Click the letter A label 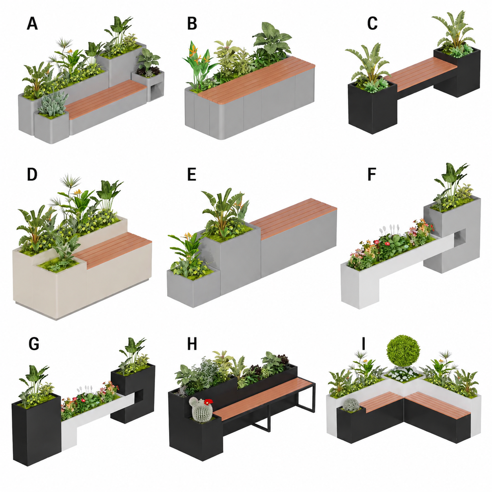coord(33,24)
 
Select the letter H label coord(192,344)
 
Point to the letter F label coord(372,174)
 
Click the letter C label coord(372,24)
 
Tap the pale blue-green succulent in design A coord(54,104)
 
